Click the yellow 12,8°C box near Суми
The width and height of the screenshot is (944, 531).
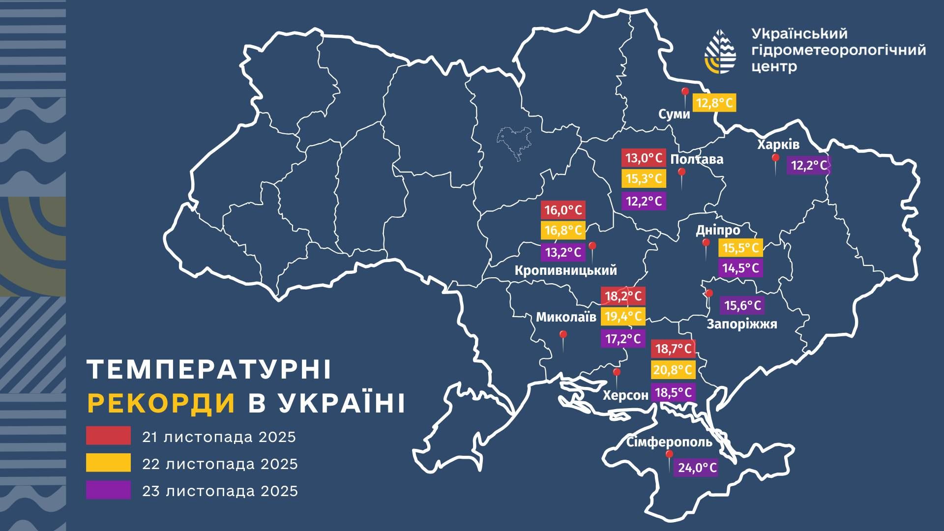click(714, 103)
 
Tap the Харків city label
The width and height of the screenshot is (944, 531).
click(778, 145)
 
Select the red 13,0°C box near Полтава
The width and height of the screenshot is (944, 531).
click(644, 158)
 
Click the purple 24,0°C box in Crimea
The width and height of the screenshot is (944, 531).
click(697, 468)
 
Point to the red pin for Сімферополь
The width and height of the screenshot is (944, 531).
click(669, 455)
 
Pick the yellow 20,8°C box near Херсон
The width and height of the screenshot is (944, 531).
click(673, 370)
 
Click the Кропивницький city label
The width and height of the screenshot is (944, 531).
click(565, 270)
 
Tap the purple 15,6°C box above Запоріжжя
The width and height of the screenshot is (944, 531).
click(742, 306)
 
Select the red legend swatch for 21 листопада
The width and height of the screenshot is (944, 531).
click(108, 436)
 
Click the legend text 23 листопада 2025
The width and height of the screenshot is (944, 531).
click(220, 491)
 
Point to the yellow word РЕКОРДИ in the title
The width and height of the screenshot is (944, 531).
click(161, 404)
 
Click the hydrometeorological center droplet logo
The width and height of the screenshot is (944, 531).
click(720, 52)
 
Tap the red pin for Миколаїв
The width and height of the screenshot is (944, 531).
click(563, 335)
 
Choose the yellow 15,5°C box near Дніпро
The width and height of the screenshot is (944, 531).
click(740, 248)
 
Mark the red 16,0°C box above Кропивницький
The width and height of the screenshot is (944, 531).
click(562, 210)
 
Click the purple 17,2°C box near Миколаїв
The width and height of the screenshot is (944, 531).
click(622, 339)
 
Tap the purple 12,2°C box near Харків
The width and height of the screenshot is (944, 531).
click(809, 166)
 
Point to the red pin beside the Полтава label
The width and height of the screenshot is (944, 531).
click(681, 173)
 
